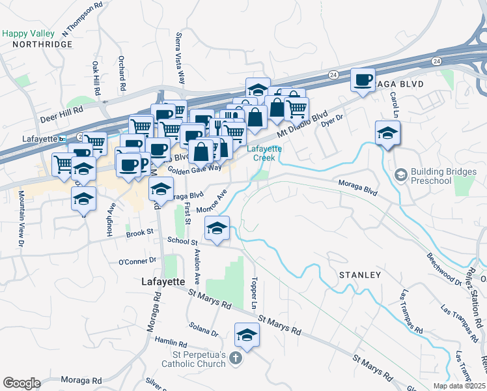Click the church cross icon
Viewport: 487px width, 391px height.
[236, 359]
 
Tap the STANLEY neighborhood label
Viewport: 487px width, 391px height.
[359, 275]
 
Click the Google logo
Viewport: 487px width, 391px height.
[21, 383]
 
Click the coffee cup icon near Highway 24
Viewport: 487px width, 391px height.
[363, 80]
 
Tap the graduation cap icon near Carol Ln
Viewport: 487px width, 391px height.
[387, 133]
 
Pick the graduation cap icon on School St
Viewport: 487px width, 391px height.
[217, 229]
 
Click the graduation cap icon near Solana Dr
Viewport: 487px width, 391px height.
[247, 335]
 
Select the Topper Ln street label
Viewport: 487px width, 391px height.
[253, 293]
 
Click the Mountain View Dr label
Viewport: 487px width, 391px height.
[21, 218]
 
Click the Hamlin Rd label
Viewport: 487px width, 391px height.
[171, 343]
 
